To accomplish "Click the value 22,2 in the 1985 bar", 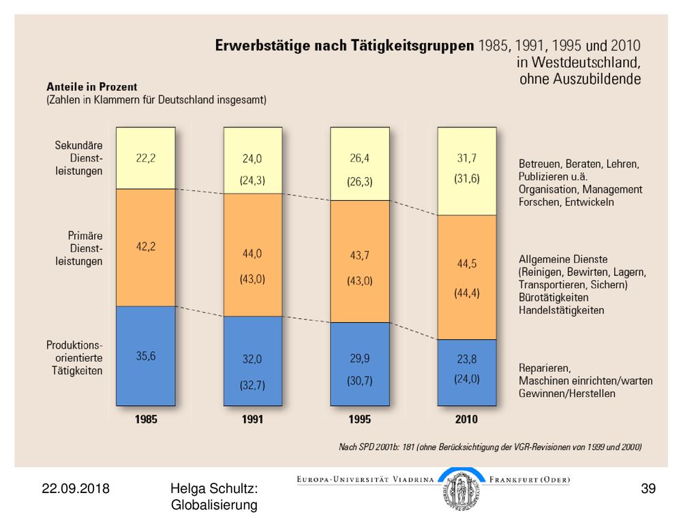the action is click(146, 158).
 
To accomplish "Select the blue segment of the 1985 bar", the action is click(146, 355).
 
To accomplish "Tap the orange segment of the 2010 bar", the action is click(466, 278).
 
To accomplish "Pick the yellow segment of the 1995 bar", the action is click(360, 163).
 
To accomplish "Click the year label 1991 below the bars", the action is click(252, 419).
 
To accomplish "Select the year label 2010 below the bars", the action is click(466, 419).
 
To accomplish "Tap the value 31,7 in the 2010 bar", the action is click(466, 158).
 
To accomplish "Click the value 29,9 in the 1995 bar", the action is click(360, 358).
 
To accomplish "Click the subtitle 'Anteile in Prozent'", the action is click(92, 86).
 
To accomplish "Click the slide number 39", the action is click(648, 488).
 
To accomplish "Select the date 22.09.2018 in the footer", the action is click(76, 488).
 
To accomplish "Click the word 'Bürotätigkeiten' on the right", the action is click(553, 298).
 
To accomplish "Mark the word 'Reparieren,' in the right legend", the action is click(545, 368).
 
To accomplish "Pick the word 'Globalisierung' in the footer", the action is click(214, 505).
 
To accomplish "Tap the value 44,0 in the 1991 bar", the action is click(252, 253).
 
